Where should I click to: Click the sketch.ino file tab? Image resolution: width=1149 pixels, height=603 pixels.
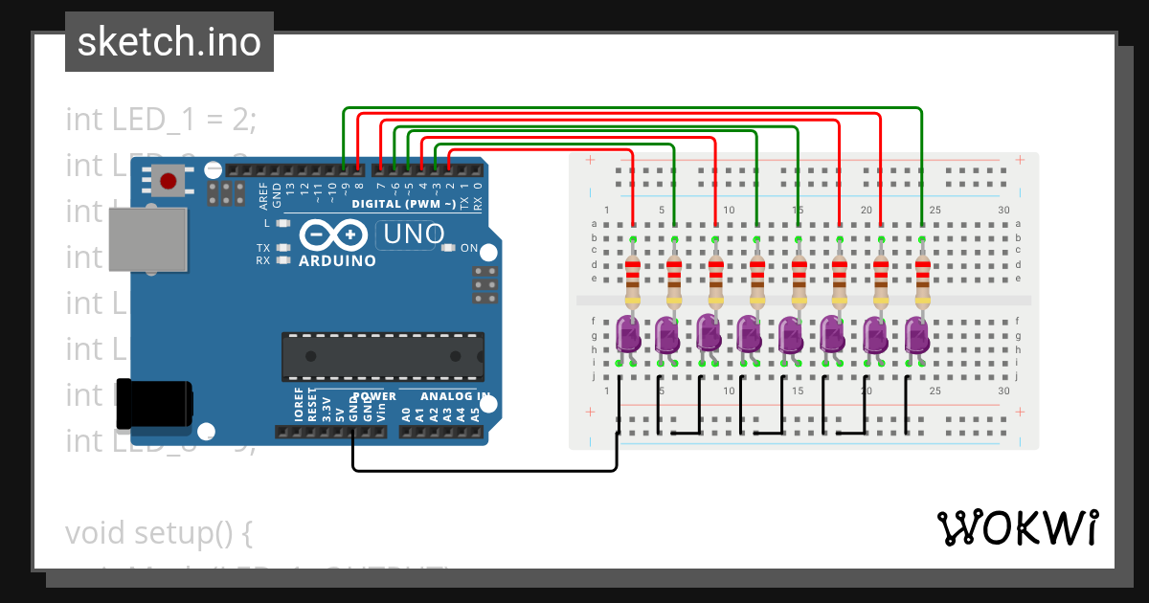tap(169, 42)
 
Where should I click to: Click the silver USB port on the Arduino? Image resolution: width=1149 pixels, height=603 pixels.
tap(146, 239)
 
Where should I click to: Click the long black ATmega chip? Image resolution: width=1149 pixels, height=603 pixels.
tap(381, 355)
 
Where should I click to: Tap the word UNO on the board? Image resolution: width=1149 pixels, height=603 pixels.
tap(414, 234)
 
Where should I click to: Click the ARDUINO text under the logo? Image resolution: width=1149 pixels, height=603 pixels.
tap(337, 260)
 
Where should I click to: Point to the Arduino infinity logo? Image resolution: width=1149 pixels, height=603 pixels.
tap(334, 234)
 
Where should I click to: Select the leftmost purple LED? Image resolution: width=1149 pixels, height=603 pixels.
tap(628, 334)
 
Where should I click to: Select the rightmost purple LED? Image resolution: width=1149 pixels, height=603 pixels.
tap(916, 334)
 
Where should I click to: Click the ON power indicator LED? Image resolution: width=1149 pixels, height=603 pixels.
tap(448, 248)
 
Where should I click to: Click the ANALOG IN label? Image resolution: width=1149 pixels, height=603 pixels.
tap(457, 396)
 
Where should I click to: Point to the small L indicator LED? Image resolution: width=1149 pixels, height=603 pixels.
tap(282, 223)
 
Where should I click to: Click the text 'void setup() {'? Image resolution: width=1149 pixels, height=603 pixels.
tap(158, 532)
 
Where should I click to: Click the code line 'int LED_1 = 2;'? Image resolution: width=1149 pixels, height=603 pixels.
tap(161, 120)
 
